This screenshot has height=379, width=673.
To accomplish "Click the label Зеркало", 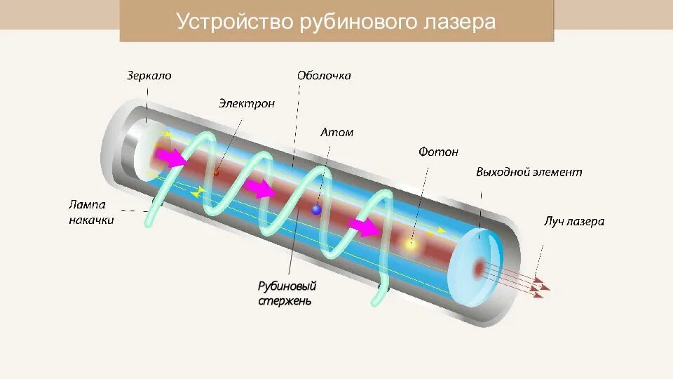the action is click(x=149, y=76).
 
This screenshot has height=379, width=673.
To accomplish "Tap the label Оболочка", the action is click(x=323, y=76).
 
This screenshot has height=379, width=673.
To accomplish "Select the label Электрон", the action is click(x=246, y=104).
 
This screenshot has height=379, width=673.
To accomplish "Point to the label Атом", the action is click(x=336, y=132).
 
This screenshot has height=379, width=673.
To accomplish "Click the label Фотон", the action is click(x=438, y=152).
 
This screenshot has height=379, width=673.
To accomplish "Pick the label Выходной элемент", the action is click(x=529, y=172).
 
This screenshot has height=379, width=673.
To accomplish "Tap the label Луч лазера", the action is click(x=573, y=221).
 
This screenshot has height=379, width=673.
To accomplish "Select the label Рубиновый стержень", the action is click(x=286, y=293).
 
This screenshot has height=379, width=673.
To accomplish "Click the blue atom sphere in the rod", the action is click(x=316, y=209).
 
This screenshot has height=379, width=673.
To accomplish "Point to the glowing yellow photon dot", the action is click(x=411, y=245).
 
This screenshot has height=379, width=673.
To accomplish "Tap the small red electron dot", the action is click(x=217, y=173).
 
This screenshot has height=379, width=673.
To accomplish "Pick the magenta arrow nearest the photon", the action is click(x=363, y=227).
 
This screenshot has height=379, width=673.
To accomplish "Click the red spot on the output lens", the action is click(x=480, y=267).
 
